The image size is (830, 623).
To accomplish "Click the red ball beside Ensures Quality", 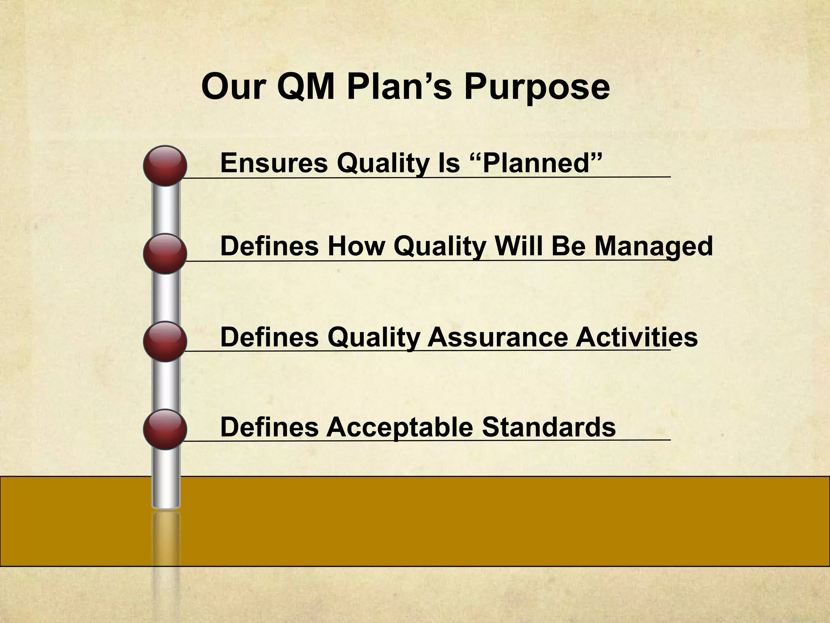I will pyautogui.click(x=165, y=165).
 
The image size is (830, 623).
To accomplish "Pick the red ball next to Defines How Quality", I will pyautogui.click(x=165, y=253).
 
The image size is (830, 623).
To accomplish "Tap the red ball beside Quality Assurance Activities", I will pyautogui.click(x=165, y=341).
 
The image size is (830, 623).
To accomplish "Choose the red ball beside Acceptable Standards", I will pyautogui.click(x=165, y=429).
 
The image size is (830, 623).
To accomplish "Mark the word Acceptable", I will pyautogui.click(x=400, y=427).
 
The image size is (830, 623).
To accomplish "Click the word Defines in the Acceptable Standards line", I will pyautogui.click(x=269, y=427).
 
